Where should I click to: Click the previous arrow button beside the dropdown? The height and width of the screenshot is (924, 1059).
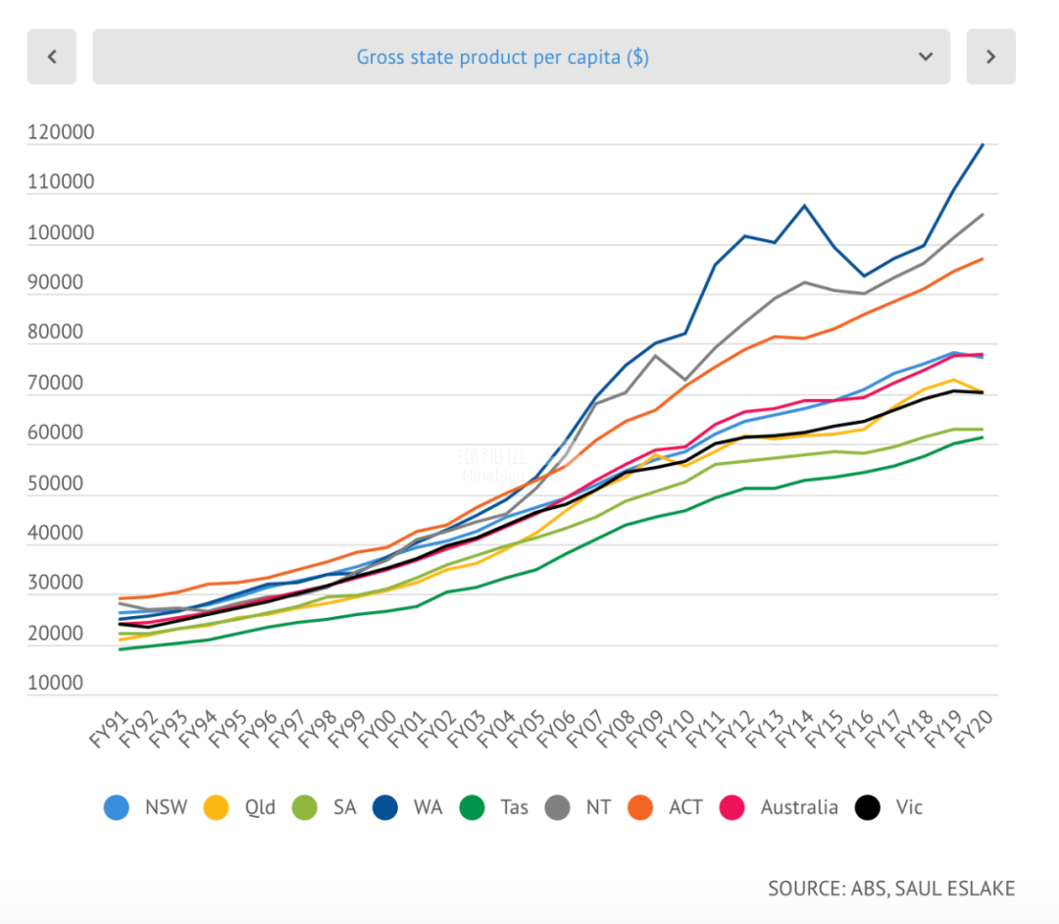pyautogui.click(x=53, y=57)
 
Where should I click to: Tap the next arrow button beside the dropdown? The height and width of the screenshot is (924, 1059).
pyautogui.click(x=990, y=57)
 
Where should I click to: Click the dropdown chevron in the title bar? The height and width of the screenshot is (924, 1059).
pyautogui.click(x=926, y=57)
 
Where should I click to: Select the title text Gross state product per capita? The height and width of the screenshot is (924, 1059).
pyautogui.click(x=502, y=57)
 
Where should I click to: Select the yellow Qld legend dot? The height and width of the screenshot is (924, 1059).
pyautogui.click(x=216, y=807)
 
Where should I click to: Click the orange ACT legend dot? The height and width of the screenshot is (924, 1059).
pyautogui.click(x=643, y=807)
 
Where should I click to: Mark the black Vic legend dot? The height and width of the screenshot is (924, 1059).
pyautogui.click(x=867, y=807)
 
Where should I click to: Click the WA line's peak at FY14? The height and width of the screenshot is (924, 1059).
pyautogui.click(x=804, y=206)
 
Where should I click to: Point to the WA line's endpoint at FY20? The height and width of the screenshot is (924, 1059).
pyautogui.click(x=983, y=144)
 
